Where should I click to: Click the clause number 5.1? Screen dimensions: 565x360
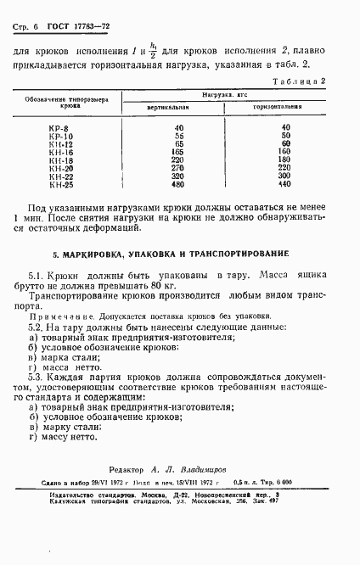tap(36, 277)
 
